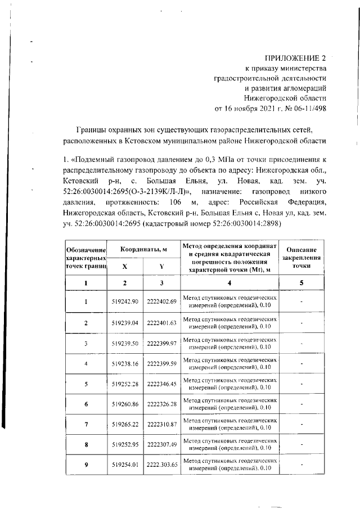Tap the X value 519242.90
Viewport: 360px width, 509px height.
(125, 301)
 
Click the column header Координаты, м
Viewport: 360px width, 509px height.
(143, 249)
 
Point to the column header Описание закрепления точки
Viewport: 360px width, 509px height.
(301, 257)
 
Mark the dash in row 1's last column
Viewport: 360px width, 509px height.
(301, 301)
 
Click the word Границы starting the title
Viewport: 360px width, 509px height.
(91, 129)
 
